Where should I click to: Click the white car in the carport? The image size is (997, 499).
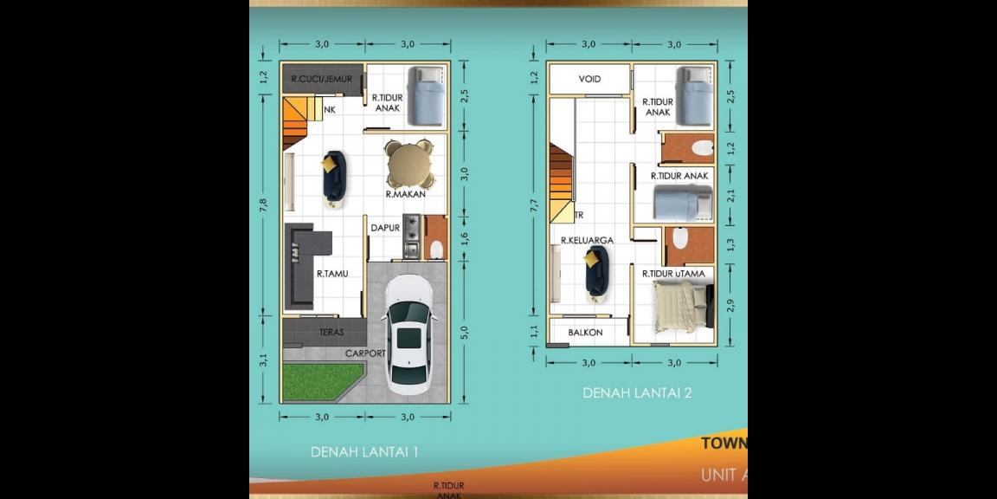click(408, 334)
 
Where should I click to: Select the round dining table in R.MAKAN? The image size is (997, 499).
click(408, 165)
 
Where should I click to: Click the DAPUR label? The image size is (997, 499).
click(384, 229)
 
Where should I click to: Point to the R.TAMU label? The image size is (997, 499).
click(331, 274)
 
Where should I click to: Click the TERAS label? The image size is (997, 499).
click(331, 332)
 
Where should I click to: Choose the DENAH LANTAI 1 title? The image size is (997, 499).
click(364, 451)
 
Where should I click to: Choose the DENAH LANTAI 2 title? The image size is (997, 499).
click(637, 392)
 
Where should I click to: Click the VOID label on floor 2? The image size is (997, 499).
click(590, 79)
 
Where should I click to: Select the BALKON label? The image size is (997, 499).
click(586, 333)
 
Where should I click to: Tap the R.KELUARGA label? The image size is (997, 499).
click(588, 240)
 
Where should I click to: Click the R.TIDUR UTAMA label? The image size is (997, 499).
click(673, 274)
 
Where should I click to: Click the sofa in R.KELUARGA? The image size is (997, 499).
click(595, 270)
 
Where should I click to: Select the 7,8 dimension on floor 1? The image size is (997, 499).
click(263, 204)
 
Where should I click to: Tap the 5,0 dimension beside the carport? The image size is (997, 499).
click(464, 332)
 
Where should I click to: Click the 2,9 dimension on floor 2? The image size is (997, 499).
click(730, 305)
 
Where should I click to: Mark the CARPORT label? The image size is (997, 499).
click(365, 353)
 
